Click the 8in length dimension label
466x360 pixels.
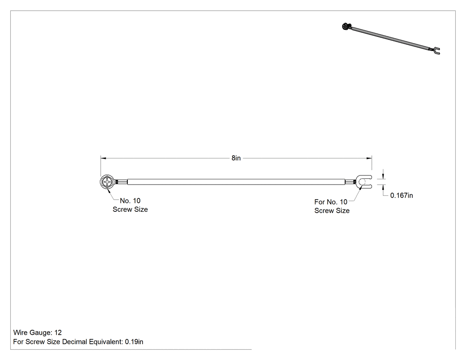click(236, 158)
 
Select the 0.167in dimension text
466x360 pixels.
click(402, 195)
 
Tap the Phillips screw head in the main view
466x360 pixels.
click(107, 182)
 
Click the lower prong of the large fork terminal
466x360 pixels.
click(366, 187)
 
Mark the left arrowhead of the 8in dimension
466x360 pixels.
click(103, 158)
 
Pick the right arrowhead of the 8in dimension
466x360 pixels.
click(369, 158)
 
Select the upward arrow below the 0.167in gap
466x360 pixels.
click(383, 187)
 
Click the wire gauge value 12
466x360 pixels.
click(58, 332)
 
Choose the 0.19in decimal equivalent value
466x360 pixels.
click(134, 341)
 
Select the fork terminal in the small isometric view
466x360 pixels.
click(436, 51)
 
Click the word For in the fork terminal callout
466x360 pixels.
click(320, 202)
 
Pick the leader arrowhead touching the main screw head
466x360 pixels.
click(110, 191)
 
